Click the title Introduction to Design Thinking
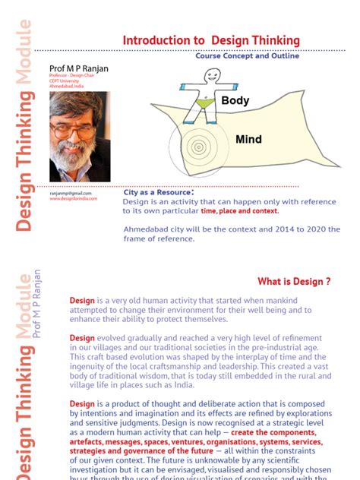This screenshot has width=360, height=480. point(211,40)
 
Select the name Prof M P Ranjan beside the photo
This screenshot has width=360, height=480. point(78,68)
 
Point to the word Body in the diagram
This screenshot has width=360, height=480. point(235,100)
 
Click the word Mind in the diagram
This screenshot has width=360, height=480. point(248,139)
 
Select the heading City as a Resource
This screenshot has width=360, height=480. point(163,192)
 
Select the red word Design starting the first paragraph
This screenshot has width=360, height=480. point(82,300)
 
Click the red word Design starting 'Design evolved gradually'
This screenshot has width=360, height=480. point(82,337)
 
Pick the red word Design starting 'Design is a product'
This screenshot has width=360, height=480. point(82,403)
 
